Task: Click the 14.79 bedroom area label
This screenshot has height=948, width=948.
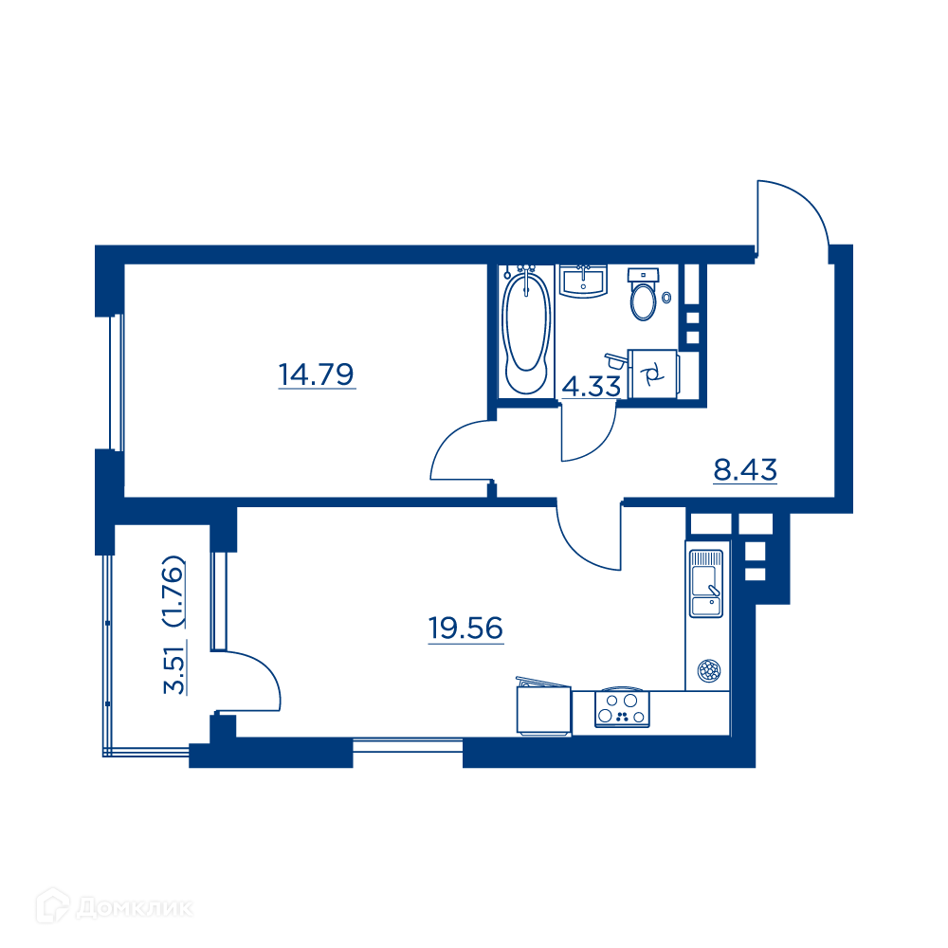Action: [317, 374]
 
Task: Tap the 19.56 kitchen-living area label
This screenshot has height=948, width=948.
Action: [465, 629]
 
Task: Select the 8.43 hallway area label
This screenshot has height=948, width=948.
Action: [745, 470]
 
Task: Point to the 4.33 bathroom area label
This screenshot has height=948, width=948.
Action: [592, 387]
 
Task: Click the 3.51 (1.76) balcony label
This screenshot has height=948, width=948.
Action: [174, 625]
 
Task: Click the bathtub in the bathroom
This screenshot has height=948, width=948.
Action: [526, 331]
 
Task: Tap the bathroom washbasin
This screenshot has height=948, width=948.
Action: [583, 282]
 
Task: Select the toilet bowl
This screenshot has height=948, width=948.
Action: [644, 295]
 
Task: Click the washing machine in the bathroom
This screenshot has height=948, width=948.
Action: [653, 374]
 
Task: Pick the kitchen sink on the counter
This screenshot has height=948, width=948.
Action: [706, 583]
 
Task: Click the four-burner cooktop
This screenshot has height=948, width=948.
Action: [622, 708]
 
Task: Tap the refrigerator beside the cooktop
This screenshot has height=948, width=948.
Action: [543, 707]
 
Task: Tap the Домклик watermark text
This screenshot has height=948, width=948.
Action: [135, 907]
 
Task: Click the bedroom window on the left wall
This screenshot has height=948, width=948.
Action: [116, 383]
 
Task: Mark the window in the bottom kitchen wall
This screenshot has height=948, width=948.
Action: [408, 745]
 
